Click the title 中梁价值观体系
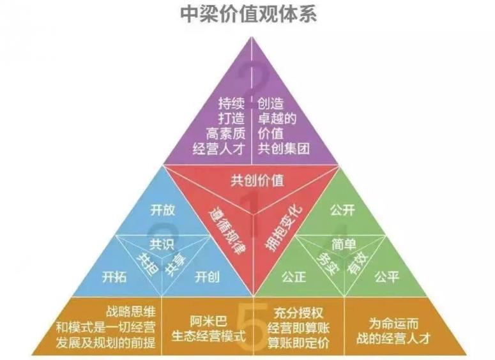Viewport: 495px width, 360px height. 248,14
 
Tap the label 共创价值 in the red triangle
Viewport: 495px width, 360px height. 257,181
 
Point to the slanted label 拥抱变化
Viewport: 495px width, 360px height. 284,229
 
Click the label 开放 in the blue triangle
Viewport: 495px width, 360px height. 163,210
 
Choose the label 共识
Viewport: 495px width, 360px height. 162,244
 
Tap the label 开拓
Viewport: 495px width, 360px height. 114,277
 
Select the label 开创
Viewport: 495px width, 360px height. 207,277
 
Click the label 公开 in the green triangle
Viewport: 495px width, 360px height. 342,210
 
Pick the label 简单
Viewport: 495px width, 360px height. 344,244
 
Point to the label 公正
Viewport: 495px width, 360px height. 294,277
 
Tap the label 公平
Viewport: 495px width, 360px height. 387,277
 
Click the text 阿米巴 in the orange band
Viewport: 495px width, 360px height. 208,322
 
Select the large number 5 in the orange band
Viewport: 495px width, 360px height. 252,326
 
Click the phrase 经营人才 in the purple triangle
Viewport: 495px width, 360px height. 219,149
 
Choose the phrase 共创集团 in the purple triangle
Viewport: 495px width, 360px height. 284,149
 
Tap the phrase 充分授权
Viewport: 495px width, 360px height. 298,313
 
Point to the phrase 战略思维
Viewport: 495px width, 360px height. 131,311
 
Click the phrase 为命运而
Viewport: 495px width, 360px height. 393,324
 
